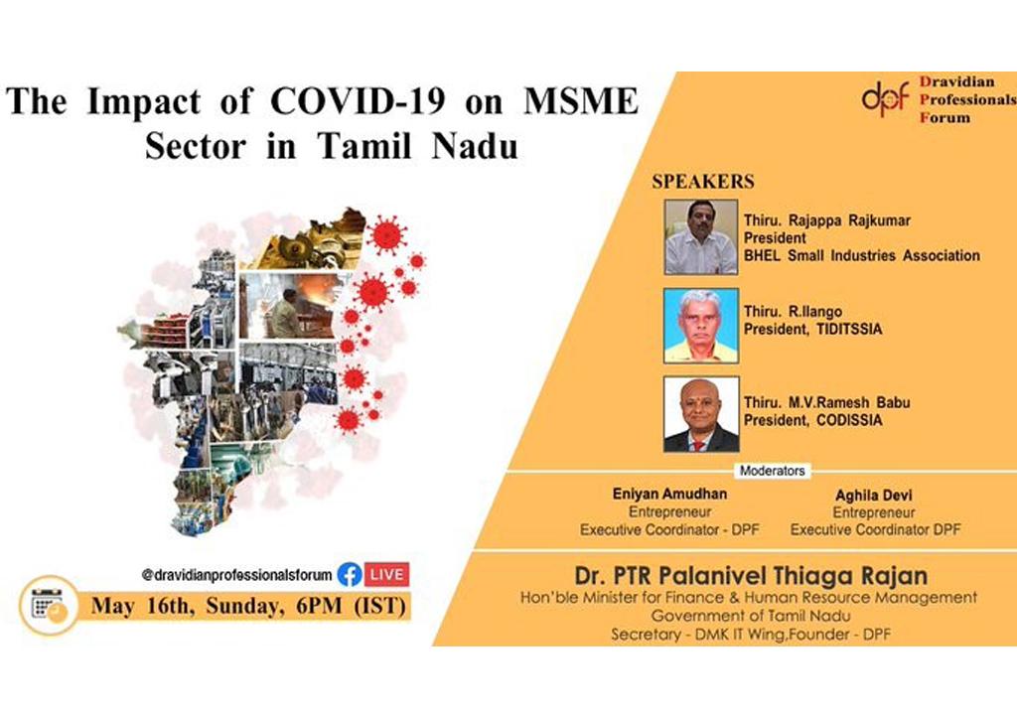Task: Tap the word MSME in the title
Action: pyautogui.click(x=581, y=101)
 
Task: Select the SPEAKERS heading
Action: pyautogui.click(x=703, y=182)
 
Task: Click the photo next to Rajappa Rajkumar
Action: pyautogui.click(x=701, y=236)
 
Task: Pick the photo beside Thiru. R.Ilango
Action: pyautogui.click(x=701, y=326)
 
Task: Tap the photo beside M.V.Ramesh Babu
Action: pyautogui.click(x=701, y=414)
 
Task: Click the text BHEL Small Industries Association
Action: pyautogui.click(x=862, y=255)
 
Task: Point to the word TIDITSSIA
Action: pyautogui.click(x=849, y=330)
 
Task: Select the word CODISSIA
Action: pyautogui.click(x=849, y=420)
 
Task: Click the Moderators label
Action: pyautogui.click(x=773, y=471)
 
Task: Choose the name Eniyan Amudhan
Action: pyautogui.click(x=669, y=494)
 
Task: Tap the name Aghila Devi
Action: pyautogui.click(x=874, y=496)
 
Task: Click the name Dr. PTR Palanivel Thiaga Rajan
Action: pyautogui.click(x=751, y=575)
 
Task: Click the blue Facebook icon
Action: pyautogui.click(x=350, y=575)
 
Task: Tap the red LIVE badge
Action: pyautogui.click(x=387, y=575)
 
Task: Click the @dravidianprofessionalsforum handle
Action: pyautogui.click(x=236, y=575)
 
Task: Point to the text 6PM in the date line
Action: pyautogui.click(x=319, y=606)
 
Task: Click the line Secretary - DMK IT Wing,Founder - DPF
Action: pyautogui.click(x=751, y=635)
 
